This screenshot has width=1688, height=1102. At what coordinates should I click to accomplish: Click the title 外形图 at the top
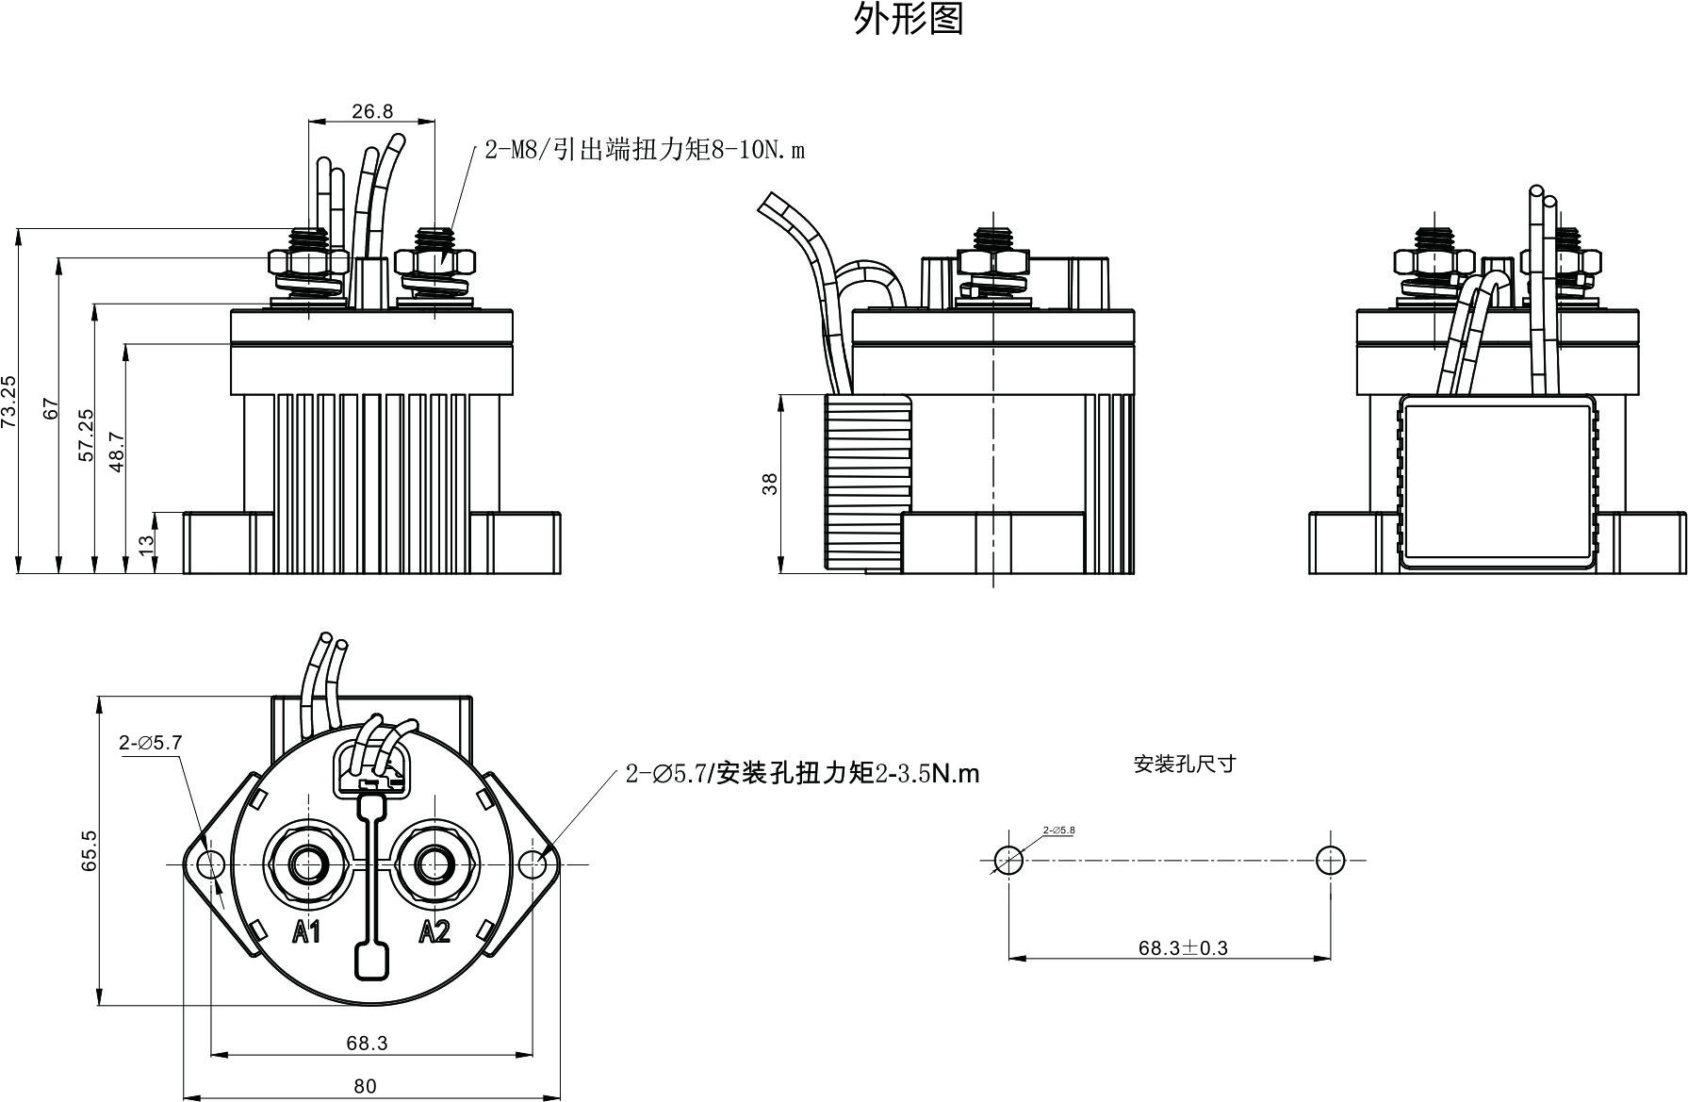(909, 19)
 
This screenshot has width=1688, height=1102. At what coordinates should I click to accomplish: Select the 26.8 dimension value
(372, 111)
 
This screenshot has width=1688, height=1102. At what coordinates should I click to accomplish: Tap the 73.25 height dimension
(8, 403)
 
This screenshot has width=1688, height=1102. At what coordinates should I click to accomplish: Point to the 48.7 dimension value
(117, 452)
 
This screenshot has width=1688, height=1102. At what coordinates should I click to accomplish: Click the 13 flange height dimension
(146, 544)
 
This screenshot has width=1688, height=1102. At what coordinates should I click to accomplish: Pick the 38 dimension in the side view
(770, 484)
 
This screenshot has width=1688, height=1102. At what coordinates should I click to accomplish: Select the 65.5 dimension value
(89, 849)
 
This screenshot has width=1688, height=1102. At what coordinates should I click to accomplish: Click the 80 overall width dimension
(365, 1086)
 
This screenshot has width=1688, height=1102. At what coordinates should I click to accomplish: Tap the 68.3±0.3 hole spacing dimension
(1183, 947)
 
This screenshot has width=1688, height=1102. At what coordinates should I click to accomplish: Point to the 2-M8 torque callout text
(645, 150)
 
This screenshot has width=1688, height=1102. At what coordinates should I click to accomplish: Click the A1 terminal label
(306, 932)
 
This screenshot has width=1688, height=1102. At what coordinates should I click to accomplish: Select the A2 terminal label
(434, 932)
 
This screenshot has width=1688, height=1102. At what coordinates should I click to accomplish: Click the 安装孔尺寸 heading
(1184, 764)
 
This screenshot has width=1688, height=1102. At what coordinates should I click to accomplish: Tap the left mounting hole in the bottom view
(209, 864)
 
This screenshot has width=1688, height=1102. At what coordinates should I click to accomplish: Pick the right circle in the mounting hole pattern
(1330, 860)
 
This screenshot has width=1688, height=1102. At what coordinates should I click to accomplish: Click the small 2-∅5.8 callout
(1058, 830)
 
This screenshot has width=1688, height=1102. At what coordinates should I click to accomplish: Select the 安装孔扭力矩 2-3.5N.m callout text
(802, 774)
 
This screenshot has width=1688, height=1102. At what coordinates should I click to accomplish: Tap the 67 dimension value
(51, 409)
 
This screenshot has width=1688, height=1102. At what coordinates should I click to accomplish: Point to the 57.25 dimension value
(85, 435)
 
